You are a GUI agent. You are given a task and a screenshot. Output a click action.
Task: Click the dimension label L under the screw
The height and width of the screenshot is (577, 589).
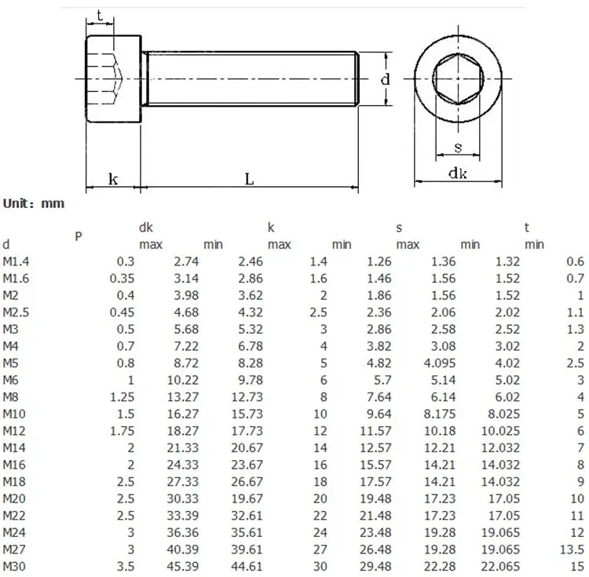coord(250,179)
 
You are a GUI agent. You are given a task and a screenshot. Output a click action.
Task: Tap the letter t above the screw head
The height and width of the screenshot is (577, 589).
coord(100,16)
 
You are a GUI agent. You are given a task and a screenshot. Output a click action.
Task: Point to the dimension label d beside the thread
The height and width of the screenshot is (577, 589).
coord(386,79)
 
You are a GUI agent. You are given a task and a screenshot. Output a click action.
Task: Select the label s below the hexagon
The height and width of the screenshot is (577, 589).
coord(458,147)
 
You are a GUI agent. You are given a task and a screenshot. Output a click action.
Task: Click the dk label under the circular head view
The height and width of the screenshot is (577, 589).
coord(458,173)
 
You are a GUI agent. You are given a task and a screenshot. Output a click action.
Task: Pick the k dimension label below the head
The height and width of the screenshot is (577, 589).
coord(113,179)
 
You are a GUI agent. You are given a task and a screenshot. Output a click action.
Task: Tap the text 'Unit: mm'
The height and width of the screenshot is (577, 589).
coord(34,203)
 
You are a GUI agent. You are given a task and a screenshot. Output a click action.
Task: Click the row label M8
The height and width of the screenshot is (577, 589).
coord(10,396)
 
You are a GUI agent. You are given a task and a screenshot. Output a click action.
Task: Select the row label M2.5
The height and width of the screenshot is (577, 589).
coord(16,312)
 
